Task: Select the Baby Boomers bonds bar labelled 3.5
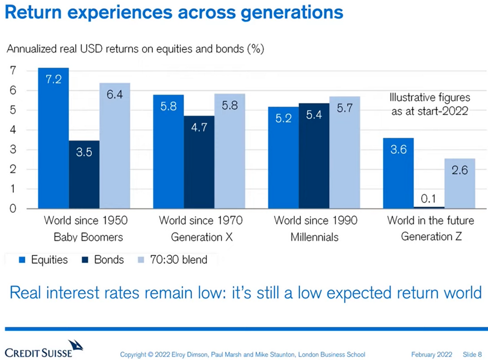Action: (84, 174)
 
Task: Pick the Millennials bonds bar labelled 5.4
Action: (314, 156)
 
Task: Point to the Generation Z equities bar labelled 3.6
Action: (398, 173)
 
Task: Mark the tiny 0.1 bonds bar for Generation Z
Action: (429, 207)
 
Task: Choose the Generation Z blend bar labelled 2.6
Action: (460, 184)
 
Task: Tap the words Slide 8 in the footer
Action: (472, 354)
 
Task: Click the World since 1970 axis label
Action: (201, 221)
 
